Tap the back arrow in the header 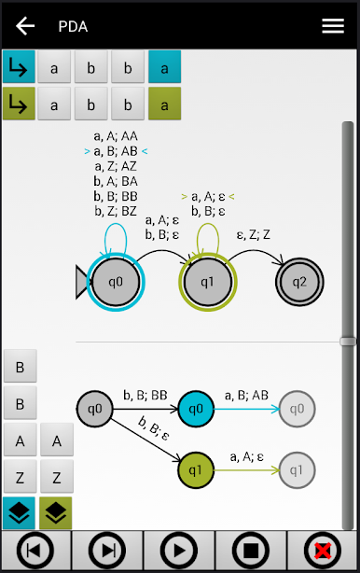(x=25, y=25)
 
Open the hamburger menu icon (x=333, y=25)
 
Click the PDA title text (x=73, y=26)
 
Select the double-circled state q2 (x=299, y=281)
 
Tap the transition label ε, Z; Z (x=255, y=235)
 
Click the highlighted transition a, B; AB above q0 (x=116, y=151)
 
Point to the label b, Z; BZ (x=116, y=212)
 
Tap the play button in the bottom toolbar (x=179, y=552)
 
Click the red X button (x=323, y=552)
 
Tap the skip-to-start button (x=35, y=552)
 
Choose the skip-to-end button (x=108, y=552)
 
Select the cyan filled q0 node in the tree (x=195, y=408)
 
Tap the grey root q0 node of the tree (x=94, y=408)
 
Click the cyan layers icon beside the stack (x=20, y=512)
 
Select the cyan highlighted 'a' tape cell (x=164, y=67)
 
